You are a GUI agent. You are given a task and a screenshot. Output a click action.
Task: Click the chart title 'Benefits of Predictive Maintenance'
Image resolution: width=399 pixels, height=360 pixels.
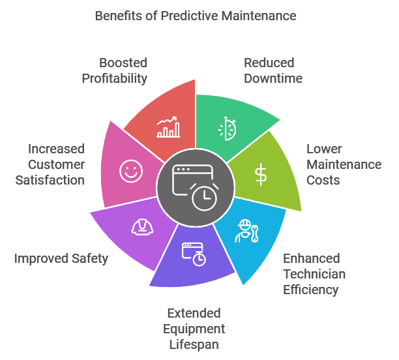pos(196,15)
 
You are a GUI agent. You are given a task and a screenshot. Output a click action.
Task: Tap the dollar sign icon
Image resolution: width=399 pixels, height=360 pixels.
pos(261,174)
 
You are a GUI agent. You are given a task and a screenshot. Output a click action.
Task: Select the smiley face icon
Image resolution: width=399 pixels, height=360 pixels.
pos(130,172)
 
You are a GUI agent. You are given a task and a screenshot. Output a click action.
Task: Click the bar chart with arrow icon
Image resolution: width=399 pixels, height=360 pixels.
pos(168,127)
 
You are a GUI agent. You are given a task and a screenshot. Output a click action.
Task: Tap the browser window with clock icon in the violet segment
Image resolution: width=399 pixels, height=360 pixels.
pos(194,254)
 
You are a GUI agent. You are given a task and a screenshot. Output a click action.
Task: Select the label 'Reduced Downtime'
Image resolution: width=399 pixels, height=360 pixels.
pos(269,70)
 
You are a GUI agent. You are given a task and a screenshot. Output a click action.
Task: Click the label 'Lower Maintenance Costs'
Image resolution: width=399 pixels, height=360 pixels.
pos(344,164)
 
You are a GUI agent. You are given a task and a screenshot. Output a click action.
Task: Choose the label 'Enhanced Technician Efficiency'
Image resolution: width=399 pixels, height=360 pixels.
pos(314,274)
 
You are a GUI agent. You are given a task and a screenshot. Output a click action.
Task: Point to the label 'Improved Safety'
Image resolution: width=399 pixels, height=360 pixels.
pos(61,258)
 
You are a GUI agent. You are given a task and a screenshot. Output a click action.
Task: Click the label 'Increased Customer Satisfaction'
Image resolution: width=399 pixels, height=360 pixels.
pos(51,164)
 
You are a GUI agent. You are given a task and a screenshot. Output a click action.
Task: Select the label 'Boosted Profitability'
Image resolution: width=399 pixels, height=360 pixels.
pos(115,70)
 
